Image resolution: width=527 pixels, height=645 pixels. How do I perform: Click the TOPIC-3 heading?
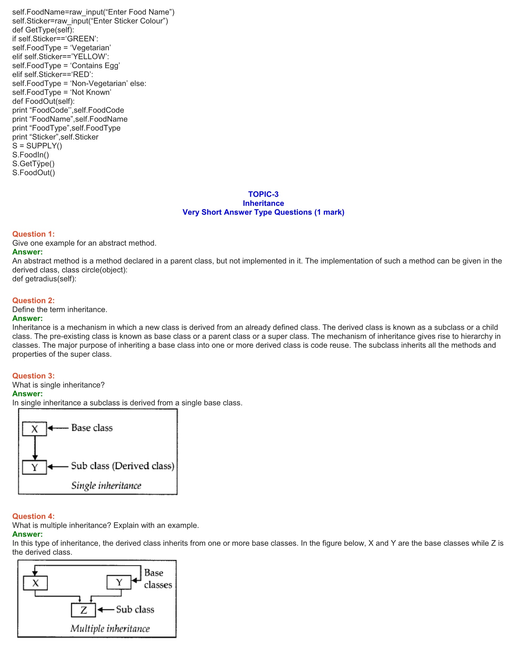[x=263, y=194]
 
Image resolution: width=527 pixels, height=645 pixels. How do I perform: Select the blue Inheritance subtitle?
[x=263, y=203]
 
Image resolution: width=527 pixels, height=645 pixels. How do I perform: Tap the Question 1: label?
[x=33, y=234]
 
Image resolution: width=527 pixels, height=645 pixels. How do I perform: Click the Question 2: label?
[x=33, y=300]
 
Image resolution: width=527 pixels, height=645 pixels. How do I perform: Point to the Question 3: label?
[x=33, y=376]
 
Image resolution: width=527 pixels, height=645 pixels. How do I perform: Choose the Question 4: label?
[x=33, y=516]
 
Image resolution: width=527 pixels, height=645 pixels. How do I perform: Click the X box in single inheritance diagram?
[x=35, y=429]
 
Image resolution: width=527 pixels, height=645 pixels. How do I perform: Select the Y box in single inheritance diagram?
[x=35, y=467]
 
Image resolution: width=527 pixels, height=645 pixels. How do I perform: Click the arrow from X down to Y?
[x=35, y=448]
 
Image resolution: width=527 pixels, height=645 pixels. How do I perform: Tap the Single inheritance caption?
[x=106, y=486]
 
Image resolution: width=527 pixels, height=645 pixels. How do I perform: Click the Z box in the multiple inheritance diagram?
[x=83, y=610]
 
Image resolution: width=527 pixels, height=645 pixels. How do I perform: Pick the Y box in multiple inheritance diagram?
[x=119, y=582]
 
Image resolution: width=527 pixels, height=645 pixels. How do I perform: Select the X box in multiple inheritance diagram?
[x=35, y=583]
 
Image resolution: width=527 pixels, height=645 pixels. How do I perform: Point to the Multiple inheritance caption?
[x=110, y=629]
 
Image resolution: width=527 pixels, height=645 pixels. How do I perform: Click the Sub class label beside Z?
[x=135, y=610]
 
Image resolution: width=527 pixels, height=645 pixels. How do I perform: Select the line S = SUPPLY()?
[x=37, y=146]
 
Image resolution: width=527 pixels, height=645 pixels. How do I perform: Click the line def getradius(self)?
[x=44, y=279]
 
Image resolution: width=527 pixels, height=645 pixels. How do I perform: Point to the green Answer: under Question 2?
[x=28, y=318]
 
